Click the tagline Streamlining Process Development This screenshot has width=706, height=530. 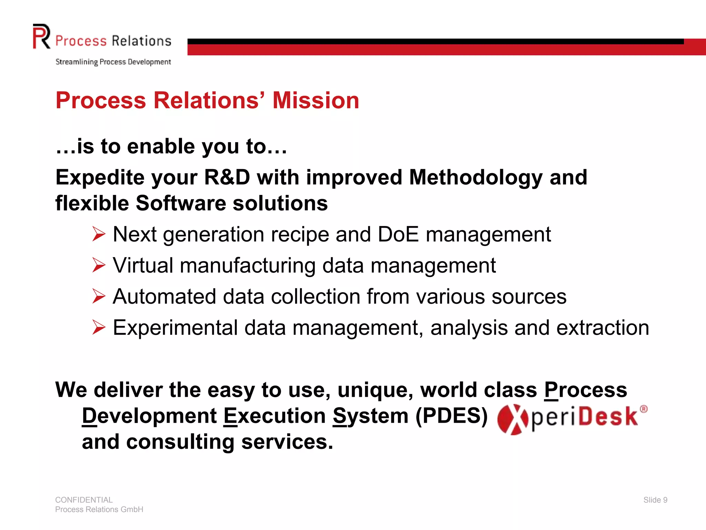[113, 62]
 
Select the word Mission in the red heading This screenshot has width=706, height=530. [315, 100]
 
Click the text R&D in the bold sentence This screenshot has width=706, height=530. [227, 177]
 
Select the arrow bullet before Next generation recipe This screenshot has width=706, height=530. [99, 234]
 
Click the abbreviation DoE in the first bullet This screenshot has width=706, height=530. [398, 234]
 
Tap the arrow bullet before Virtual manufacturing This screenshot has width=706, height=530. [99, 265]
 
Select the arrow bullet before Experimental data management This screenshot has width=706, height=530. [99, 327]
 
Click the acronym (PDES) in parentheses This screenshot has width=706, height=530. [451, 416]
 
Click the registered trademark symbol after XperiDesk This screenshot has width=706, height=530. [643, 409]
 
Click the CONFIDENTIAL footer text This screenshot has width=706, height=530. [84, 500]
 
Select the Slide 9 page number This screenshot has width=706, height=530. [655, 500]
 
